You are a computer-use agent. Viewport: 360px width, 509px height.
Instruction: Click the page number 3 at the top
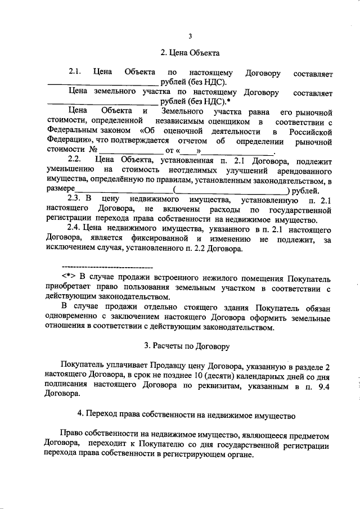pyautogui.click(x=190, y=37)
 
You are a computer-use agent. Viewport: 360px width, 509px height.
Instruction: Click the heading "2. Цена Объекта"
pyautogui.click(x=190, y=53)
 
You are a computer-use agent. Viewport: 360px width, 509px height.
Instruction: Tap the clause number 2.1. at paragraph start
pyautogui.click(x=75, y=73)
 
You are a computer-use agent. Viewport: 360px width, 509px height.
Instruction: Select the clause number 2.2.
pyautogui.click(x=75, y=160)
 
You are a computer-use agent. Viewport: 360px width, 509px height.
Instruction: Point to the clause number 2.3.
pyautogui.click(x=75, y=200)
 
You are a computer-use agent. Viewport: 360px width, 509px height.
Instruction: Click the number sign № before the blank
pyautogui.click(x=94, y=151)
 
